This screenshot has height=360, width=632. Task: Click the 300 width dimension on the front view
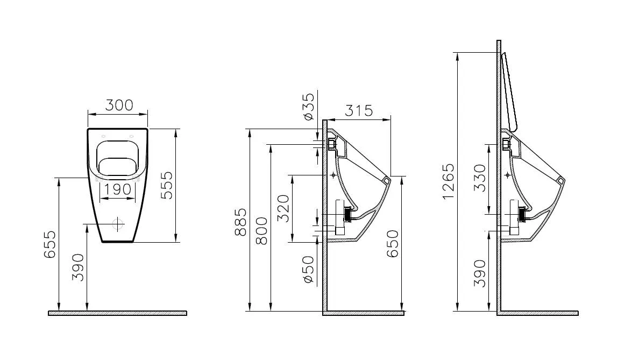point(119,105)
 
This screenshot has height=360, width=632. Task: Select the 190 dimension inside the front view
point(118,189)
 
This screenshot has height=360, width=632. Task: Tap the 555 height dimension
point(167,186)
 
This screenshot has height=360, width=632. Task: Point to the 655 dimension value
point(49,245)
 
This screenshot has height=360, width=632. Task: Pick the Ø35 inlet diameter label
point(308,107)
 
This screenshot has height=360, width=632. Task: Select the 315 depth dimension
point(359,110)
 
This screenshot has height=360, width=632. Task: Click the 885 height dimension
point(242,221)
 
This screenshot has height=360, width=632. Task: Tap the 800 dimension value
point(261,231)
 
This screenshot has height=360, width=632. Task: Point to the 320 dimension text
point(283,207)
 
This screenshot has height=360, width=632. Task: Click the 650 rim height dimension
point(393,244)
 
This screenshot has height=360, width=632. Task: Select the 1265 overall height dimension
point(448,181)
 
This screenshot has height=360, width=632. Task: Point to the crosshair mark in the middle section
point(334,175)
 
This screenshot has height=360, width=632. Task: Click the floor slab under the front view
point(117,313)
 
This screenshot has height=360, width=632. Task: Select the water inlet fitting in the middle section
point(330,144)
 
